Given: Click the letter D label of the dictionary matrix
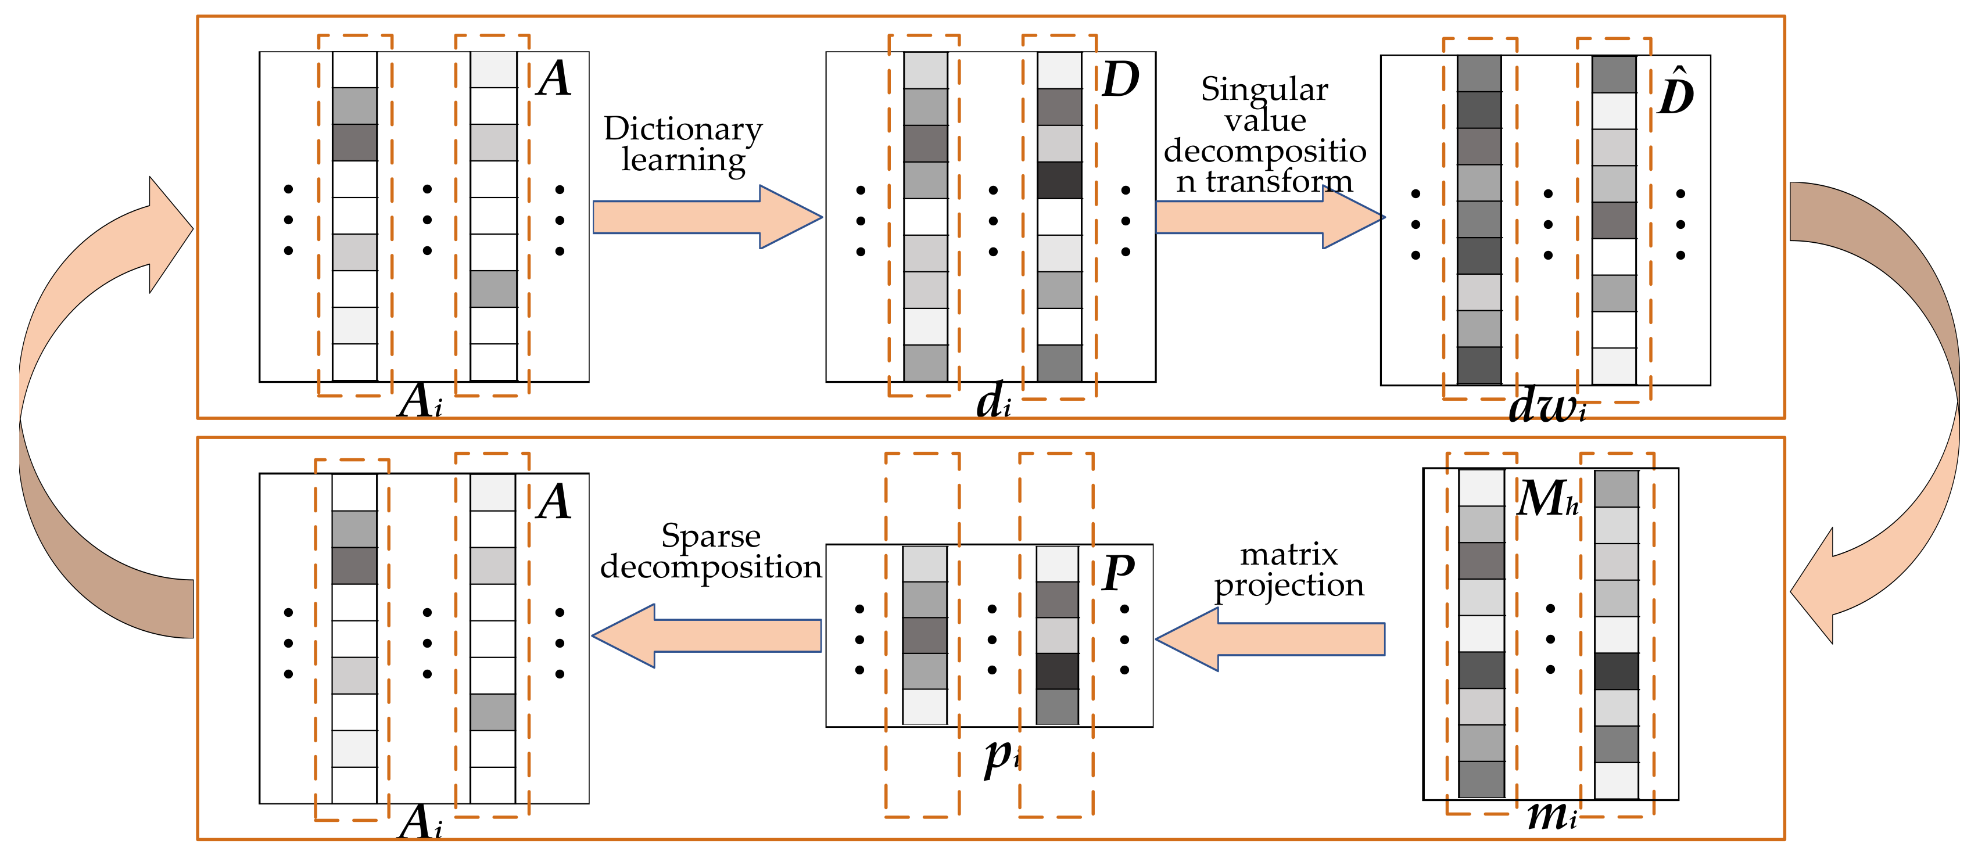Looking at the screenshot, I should coord(1120,80).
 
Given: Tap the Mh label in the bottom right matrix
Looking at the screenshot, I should coord(1547,499).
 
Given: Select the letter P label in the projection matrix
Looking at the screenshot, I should coord(1117,573).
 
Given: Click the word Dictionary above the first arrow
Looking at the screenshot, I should coord(683,129).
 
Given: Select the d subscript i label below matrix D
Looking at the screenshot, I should coord(994,401).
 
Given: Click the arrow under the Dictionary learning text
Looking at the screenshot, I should coord(707,217).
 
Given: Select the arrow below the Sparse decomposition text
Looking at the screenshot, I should coord(707,635).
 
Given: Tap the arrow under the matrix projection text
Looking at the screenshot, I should coord(1271,638).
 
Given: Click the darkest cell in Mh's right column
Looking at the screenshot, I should coord(1617,671).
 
